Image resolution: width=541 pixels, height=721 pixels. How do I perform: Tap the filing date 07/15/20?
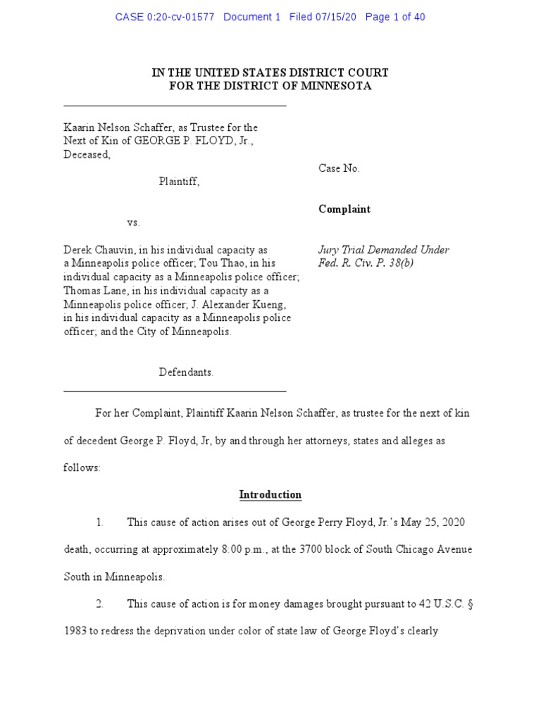(x=338, y=17)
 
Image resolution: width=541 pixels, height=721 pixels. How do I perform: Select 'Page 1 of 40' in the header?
(x=395, y=17)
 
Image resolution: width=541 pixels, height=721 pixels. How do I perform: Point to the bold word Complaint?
(x=344, y=209)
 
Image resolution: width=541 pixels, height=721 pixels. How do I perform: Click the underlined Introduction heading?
(x=270, y=495)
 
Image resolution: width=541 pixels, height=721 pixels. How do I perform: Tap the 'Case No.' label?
(x=340, y=168)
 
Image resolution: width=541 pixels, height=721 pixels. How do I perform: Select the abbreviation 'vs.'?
(x=134, y=222)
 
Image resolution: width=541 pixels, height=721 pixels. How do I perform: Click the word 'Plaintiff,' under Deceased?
(x=179, y=182)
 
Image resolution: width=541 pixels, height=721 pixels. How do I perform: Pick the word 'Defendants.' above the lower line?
(x=186, y=372)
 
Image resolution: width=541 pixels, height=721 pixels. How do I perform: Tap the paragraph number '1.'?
(x=99, y=522)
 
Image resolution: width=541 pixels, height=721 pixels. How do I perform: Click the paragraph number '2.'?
(x=99, y=604)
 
